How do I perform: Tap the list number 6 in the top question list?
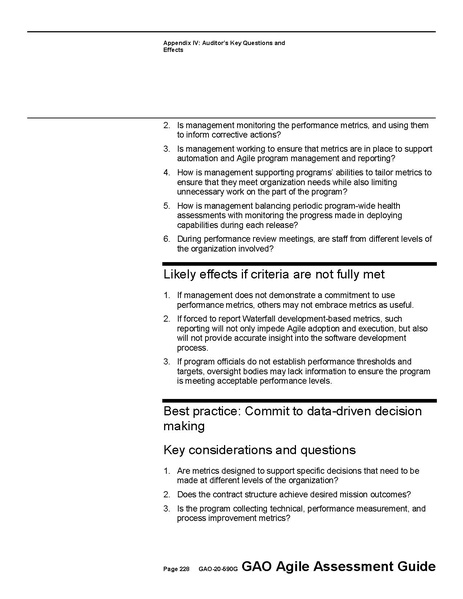pos(167,239)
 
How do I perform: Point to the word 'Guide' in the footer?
pos(415,566)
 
